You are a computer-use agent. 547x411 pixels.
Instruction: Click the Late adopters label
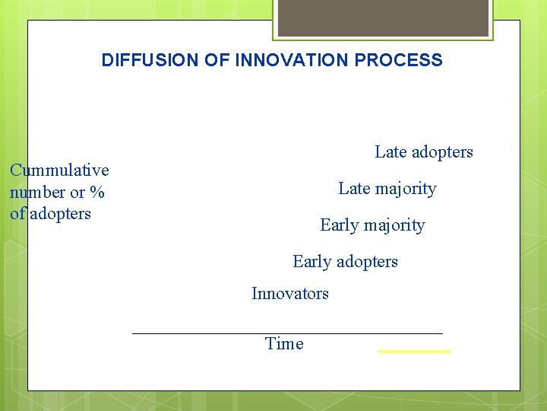424,152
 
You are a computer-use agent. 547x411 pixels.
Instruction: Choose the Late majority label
387,189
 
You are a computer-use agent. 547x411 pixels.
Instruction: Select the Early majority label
372,225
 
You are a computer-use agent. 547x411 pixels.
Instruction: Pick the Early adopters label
345,262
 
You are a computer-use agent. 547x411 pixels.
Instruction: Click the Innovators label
290,294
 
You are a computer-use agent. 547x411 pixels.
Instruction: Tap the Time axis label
284,344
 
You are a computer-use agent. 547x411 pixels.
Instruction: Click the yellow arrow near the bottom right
415,352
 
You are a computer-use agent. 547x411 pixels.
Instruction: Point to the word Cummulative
59,170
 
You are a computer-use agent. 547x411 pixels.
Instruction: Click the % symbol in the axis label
97,193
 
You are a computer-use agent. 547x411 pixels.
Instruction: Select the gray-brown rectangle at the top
383,18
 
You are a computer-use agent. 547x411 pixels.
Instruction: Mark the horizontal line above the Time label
287,333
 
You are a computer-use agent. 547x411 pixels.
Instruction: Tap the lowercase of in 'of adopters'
18,214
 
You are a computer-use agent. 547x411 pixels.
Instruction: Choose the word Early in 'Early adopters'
311,262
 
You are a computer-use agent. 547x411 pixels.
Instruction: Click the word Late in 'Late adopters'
390,152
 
